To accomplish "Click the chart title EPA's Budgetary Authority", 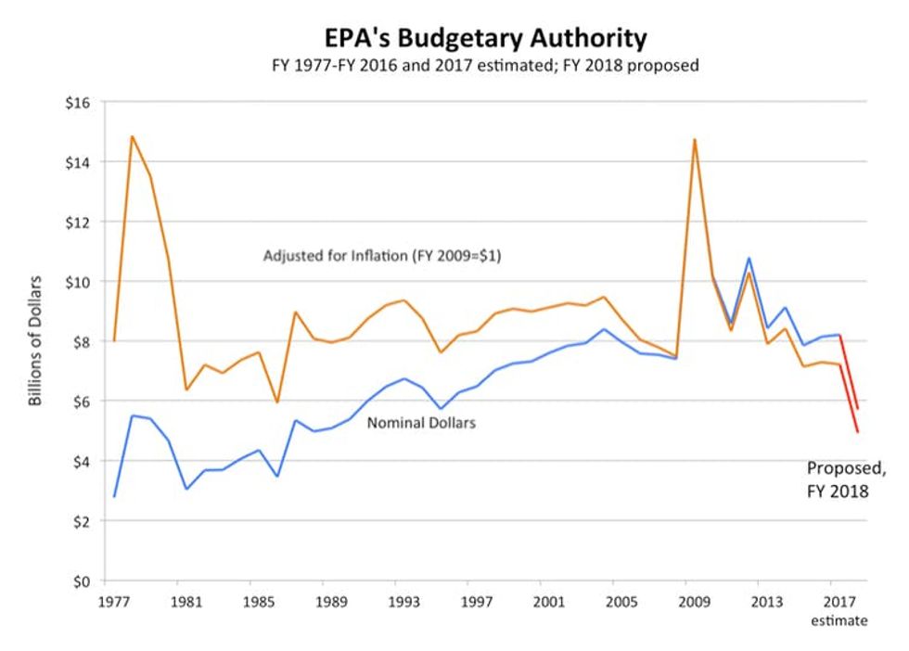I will click(x=485, y=38).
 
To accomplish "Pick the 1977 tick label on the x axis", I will click(x=114, y=600).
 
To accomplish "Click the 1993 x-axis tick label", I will click(x=402, y=600).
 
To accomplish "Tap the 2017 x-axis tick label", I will click(x=839, y=600).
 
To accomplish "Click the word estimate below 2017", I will click(x=839, y=619).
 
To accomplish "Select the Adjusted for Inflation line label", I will click(x=382, y=256).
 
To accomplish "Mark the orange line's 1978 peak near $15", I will click(x=132, y=136).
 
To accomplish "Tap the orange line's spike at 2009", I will click(x=694, y=140).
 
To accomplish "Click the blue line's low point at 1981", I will click(x=186, y=489).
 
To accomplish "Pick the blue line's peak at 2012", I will click(x=748, y=259).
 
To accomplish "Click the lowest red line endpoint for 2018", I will click(x=858, y=432).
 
